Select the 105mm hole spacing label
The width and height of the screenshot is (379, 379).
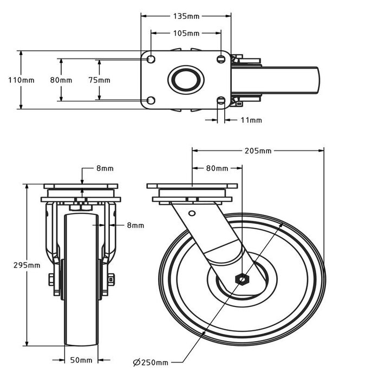coord(186,34)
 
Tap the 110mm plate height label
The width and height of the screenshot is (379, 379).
coord(21,80)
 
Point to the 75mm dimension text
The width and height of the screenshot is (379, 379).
coord(99,80)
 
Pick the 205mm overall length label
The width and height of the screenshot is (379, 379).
coord(258,151)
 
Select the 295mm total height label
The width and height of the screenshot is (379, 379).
coord(27,265)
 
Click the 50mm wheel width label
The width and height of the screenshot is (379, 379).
coord(82,360)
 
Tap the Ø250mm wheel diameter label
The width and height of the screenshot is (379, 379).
coord(150,362)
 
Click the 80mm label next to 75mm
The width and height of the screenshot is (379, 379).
coord(61,80)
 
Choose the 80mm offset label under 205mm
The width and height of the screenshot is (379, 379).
coord(217,168)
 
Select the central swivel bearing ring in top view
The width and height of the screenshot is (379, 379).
coord(186,80)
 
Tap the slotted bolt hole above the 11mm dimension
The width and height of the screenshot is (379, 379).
coord(220,100)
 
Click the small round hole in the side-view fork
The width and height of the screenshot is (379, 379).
coord(191,213)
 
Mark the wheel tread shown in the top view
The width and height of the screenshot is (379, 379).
coord(292,80)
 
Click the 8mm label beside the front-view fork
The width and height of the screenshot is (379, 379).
coord(135,225)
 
